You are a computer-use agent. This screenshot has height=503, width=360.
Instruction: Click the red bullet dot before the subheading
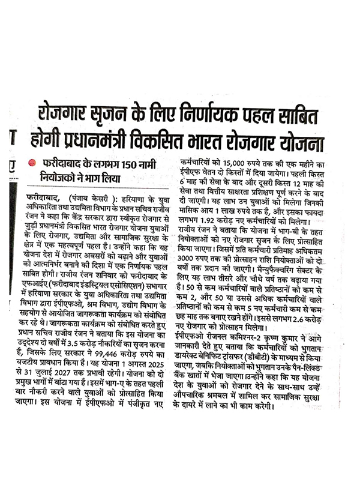32,163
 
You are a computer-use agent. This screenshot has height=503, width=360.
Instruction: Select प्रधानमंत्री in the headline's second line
101,144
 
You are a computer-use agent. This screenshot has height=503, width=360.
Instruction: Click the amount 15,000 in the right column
236,162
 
